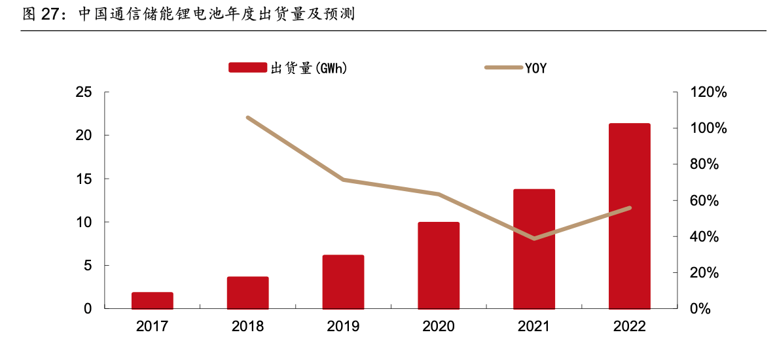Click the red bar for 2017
point(153,300)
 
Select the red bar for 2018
point(248,293)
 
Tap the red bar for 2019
point(343,281)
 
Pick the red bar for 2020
point(439,265)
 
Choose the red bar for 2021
point(534,249)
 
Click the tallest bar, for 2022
point(629,216)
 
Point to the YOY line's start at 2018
point(248,118)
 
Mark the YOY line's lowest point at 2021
point(534,238)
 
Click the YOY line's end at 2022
point(629,208)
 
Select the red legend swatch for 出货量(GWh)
point(247,67)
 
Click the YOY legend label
point(535,67)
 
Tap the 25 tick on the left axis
point(83,92)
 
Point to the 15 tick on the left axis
point(83,179)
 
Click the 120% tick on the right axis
point(709,92)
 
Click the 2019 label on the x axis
point(343,327)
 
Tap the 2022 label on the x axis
point(629,327)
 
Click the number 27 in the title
point(50,14)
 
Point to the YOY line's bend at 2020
point(439,194)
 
